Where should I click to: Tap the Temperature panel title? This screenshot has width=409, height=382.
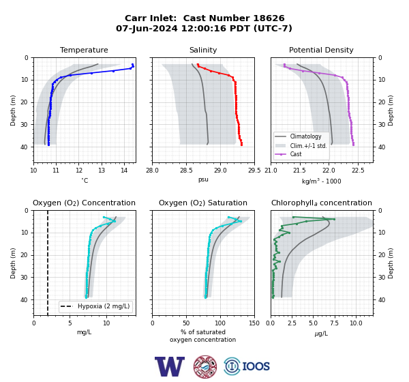tap(84, 50)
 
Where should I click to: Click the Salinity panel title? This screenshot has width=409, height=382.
tap(203, 50)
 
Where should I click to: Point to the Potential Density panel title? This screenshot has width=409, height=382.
tap(321, 50)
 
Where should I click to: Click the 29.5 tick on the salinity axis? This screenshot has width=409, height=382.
tap(254, 171)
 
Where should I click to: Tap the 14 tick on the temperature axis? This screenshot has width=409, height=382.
tap(124, 171)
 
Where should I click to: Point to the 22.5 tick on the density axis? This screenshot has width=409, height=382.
tap(358, 171)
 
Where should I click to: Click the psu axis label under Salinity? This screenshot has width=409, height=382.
tap(203, 179)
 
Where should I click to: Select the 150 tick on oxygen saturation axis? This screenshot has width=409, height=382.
tap(254, 323)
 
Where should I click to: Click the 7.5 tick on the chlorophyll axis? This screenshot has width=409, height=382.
tap(334, 323)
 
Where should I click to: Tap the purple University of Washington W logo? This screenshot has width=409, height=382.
tap(170, 366)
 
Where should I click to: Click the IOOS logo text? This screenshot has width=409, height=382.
tap(256, 366)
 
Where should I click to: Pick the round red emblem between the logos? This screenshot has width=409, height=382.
tap(205, 366)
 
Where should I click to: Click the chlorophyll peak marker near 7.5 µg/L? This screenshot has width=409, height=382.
tap(334, 219)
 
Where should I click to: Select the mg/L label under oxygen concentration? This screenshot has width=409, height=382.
tap(84, 332)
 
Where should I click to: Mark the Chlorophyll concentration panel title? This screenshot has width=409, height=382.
tap(321, 203)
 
